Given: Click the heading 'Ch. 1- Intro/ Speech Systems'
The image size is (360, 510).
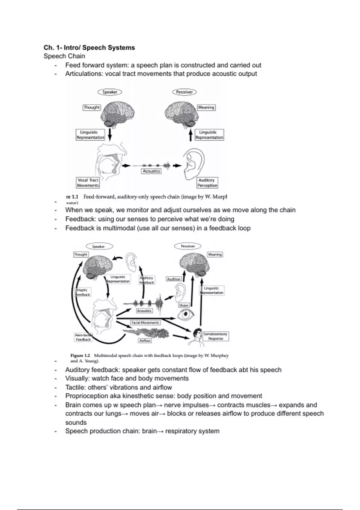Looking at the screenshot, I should pyautogui.click(x=89, y=47).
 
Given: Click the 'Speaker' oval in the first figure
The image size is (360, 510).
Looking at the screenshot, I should pyautogui.click(x=110, y=92).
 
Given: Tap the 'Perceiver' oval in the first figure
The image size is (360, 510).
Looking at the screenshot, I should pyautogui.click(x=184, y=92).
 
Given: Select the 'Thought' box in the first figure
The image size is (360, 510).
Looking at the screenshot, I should pyautogui.click(x=91, y=107).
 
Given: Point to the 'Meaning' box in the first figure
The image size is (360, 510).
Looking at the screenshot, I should pyautogui.click(x=206, y=107).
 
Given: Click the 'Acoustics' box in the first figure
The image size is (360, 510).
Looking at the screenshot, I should pyautogui.click(x=151, y=171).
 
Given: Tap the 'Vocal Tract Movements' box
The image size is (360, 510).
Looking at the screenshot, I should pyautogui.click(x=88, y=183).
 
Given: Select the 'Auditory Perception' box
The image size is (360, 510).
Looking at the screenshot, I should pyautogui.click(x=207, y=183).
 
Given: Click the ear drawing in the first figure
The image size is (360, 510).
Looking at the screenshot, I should pyautogui.click(x=194, y=164).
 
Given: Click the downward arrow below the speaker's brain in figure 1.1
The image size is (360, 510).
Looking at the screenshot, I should pyautogui.click(x=110, y=135).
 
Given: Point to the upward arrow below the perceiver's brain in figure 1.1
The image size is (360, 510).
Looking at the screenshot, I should pyautogui.click(x=190, y=135).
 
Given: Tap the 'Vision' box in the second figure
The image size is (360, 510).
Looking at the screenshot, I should pyautogui.click(x=184, y=305).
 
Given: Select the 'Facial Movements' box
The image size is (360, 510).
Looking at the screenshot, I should pyautogui.click(x=145, y=323).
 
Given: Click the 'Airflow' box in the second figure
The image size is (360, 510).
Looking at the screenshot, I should pyautogui.click(x=145, y=341).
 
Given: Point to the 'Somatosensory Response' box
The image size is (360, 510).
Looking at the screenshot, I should pyautogui.click(x=215, y=336).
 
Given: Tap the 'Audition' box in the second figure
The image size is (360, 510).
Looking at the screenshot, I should pyautogui.click(x=174, y=279).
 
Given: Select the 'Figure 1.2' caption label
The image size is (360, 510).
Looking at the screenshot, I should pyautogui.click(x=80, y=355).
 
